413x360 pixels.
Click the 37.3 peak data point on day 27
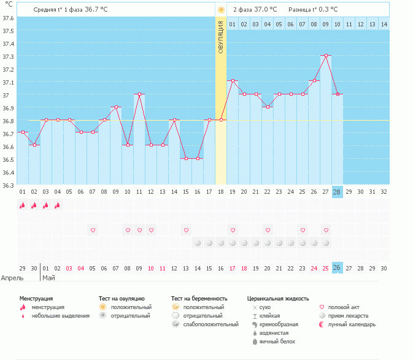[326, 55]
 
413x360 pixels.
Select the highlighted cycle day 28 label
[337, 191]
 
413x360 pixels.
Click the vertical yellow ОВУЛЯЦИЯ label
[221, 37]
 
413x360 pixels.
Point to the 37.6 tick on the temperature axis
[7, 18]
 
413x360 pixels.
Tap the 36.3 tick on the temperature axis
[7, 185]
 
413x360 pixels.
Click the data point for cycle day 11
[139, 94]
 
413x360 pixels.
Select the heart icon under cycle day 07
[93, 230]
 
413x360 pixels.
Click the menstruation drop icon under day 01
[22, 205]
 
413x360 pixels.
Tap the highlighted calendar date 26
[337, 268]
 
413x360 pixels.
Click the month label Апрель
[12, 277]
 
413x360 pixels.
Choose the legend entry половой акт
[342, 307]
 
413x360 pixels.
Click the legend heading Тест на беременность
[203, 298]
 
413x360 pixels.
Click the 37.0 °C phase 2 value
[265, 9]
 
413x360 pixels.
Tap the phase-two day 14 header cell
[384, 24]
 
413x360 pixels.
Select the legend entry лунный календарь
[351, 324]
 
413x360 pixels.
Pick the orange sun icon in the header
[221, 10]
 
